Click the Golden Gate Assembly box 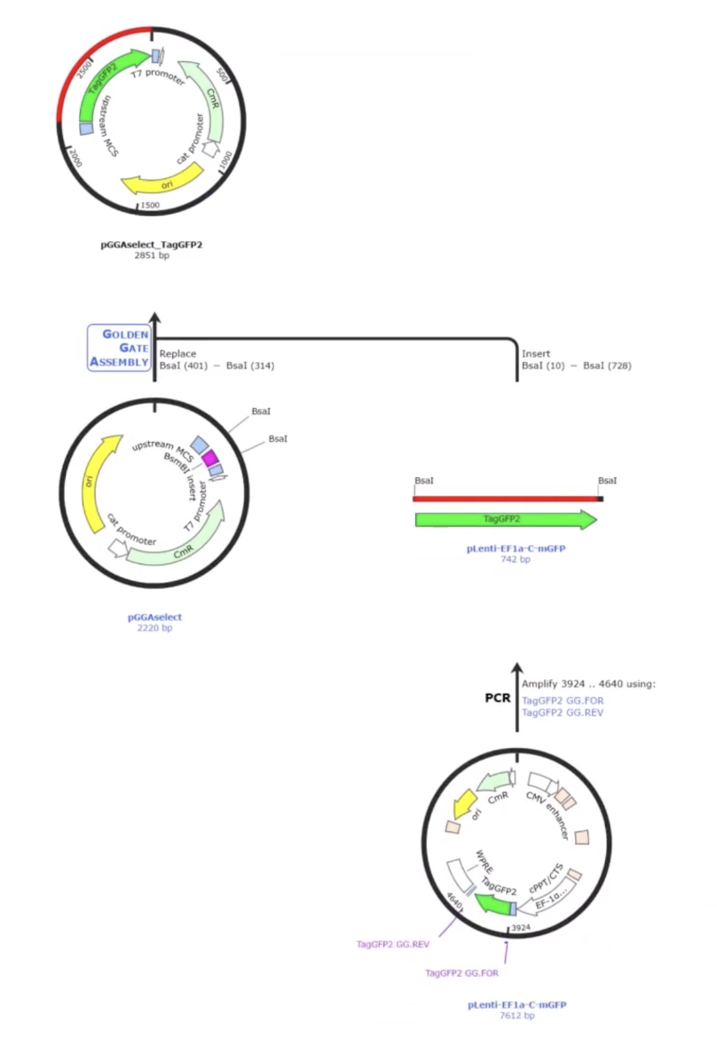coord(119,348)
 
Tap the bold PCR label coord(498,698)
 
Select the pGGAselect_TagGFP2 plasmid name coord(151,245)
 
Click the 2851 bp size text coord(152,255)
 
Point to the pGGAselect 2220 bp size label coord(154,628)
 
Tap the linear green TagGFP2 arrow coord(506,520)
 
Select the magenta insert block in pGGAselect coord(210,458)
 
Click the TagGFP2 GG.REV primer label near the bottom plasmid coord(392,945)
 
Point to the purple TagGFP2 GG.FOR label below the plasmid coord(461,973)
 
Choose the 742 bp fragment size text coord(516,559)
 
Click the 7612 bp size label coord(517,1016)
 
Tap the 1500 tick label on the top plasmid coord(150,205)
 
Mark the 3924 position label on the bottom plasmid coord(521,928)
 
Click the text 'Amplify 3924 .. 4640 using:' coord(588,684)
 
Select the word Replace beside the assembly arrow coord(177,354)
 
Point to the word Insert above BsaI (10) coord(536,354)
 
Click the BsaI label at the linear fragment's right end coord(607,481)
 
